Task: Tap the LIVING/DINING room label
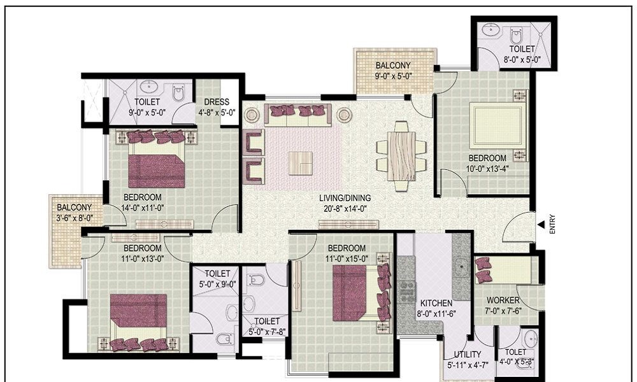(345, 198)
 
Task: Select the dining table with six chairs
(401, 156)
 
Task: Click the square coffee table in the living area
(300, 163)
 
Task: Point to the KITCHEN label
(436, 303)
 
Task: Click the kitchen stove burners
(406, 292)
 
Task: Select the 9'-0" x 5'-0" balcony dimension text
(394, 76)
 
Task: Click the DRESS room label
(217, 102)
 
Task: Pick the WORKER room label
(503, 301)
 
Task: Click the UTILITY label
(468, 354)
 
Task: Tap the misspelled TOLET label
(515, 352)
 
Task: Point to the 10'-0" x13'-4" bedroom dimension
(488, 167)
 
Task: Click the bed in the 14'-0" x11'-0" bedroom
(157, 159)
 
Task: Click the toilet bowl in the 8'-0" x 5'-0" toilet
(516, 35)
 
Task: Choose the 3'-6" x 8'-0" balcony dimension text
(75, 218)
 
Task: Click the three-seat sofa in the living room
(297, 115)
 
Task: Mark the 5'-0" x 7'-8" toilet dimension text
(267, 332)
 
